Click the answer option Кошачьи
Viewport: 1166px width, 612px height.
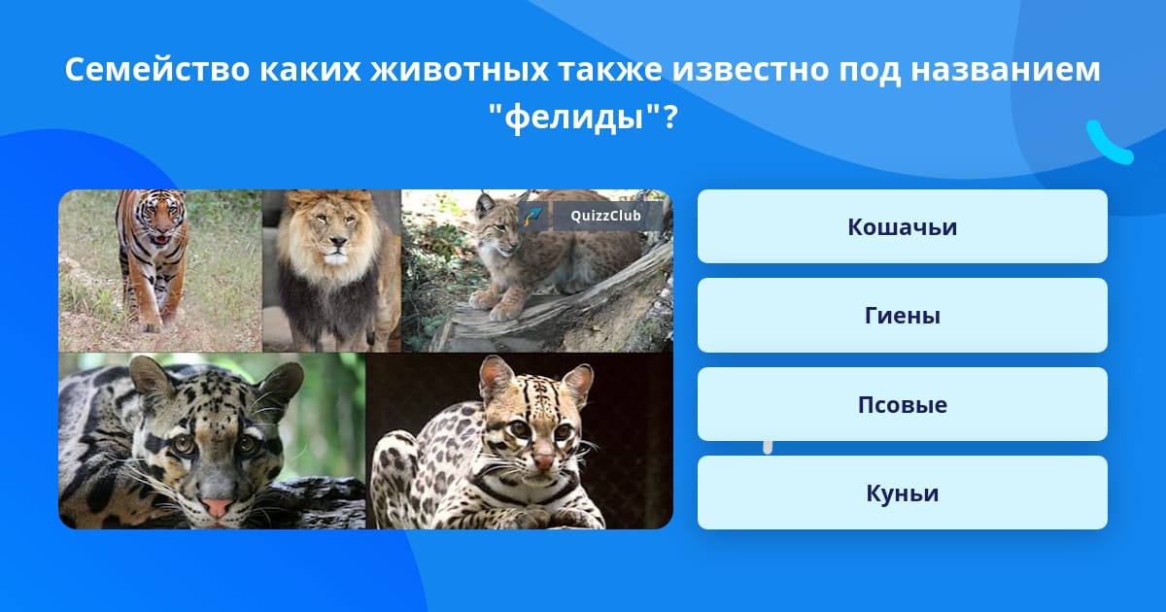click(x=902, y=226)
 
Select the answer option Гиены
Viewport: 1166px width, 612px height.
click(x=902, y=315)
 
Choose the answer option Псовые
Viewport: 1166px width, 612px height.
click(x=902, y=404)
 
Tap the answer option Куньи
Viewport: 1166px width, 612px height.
click(x=902, y=493)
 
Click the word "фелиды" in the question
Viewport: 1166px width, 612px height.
click(x=575, y=118)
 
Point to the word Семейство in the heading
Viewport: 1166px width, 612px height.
click(x=157, y=70)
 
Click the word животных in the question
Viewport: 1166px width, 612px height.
click(x=459, y=70)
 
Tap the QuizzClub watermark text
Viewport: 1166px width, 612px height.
click(x=605, y=216)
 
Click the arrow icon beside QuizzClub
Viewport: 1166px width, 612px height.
click(x=533, y=216)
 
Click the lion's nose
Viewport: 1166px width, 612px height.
click(x=338, y=241)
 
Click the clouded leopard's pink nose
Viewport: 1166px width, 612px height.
click(x=217, y=506)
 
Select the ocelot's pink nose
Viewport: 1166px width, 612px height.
click(x=543, y=461)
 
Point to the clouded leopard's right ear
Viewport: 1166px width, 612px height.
click(x=281, y=384)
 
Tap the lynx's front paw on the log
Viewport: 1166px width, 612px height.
click(x=505, y=311)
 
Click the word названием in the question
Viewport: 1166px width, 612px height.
click(x=1005, y=70)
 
